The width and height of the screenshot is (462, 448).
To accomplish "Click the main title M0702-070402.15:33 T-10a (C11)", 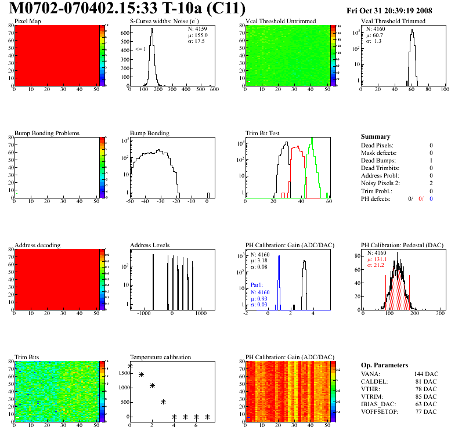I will pyautogui.click(x=128, y=9).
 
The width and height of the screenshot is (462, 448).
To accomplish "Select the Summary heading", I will pyautogui.click(x=376, y=136).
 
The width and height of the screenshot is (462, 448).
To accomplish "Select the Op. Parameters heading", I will pyautogui.click(x=384, y=365).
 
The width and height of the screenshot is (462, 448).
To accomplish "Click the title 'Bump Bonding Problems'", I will pyautogui.click(x=46, y=133).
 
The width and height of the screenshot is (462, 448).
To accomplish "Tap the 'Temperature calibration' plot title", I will pyautogui.click(x=160, y=357).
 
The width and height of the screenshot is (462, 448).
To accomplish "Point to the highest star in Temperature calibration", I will pyautogui.click(x=130, y=366).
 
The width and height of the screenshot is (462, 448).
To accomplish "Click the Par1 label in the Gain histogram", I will pyautogui.click(x=258, y=285).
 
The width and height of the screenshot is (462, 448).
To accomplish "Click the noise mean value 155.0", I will pyautogui.click(x=197, y=35).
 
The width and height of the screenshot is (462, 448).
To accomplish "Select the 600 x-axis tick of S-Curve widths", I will pyautogui.click(x=213, y=90).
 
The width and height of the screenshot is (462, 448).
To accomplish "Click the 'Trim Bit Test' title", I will pyautogui.click(x=262, y=133).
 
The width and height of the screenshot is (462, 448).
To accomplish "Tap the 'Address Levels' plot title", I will pyautogui.click(x=150, y=245).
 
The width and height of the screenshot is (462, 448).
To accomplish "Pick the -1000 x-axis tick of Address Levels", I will pyautogui.click(x=141, y=314).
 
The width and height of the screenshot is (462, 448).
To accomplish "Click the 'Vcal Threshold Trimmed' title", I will pyautogui.click(x=393, y=21).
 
